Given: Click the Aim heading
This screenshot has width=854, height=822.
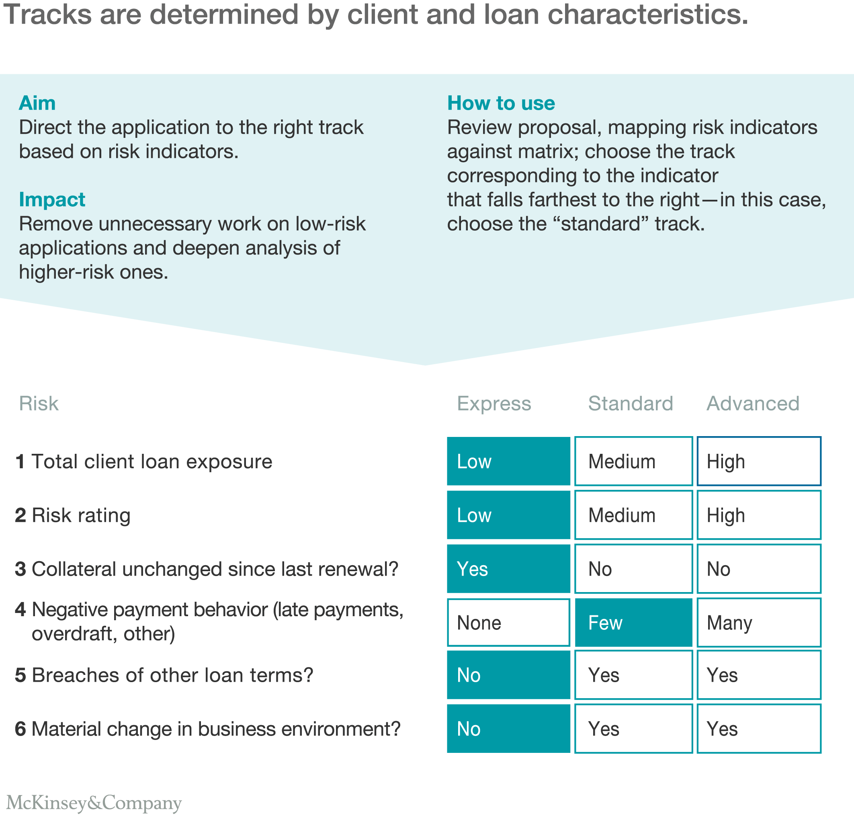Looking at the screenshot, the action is (x=37, y=103).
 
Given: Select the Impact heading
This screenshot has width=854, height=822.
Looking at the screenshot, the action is (x=52, y=200).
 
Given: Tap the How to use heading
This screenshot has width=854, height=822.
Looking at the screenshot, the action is (x=501, y=103).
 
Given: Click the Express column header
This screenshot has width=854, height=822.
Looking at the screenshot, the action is (x=494, y=403).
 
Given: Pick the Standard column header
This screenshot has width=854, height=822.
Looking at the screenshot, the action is (x=631, y=403).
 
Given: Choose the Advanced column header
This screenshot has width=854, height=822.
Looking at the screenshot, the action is (x=753, y=403).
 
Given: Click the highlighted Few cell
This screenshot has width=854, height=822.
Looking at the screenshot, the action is (x=633, y=622).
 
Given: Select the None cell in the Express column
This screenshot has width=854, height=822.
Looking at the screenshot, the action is (x=508, y=622).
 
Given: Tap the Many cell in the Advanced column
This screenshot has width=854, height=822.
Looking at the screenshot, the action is (x=759, y=622).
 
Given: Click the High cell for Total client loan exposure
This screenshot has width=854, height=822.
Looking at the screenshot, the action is (x=759, y=461).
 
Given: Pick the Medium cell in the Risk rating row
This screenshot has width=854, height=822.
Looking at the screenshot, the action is (x=633, y=515).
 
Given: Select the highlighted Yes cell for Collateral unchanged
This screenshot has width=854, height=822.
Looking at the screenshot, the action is (x=508, y=569).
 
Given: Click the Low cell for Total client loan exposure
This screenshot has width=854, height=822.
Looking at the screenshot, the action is (x=508, y=461).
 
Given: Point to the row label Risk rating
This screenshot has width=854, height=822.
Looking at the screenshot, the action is (x=81, y=515).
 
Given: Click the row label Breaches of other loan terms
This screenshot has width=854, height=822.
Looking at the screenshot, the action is (x=172, y=675).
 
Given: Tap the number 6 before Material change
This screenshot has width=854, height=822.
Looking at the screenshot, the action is (x=20, y=729).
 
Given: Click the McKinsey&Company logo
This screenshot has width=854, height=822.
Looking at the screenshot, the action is (x=94, y=803).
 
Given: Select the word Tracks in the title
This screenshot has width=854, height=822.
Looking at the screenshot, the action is (x=47, y=14).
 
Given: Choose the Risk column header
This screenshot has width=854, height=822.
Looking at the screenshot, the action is (x=38, y=403).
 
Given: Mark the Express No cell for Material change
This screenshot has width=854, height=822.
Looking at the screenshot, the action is (x=508, y=729).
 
